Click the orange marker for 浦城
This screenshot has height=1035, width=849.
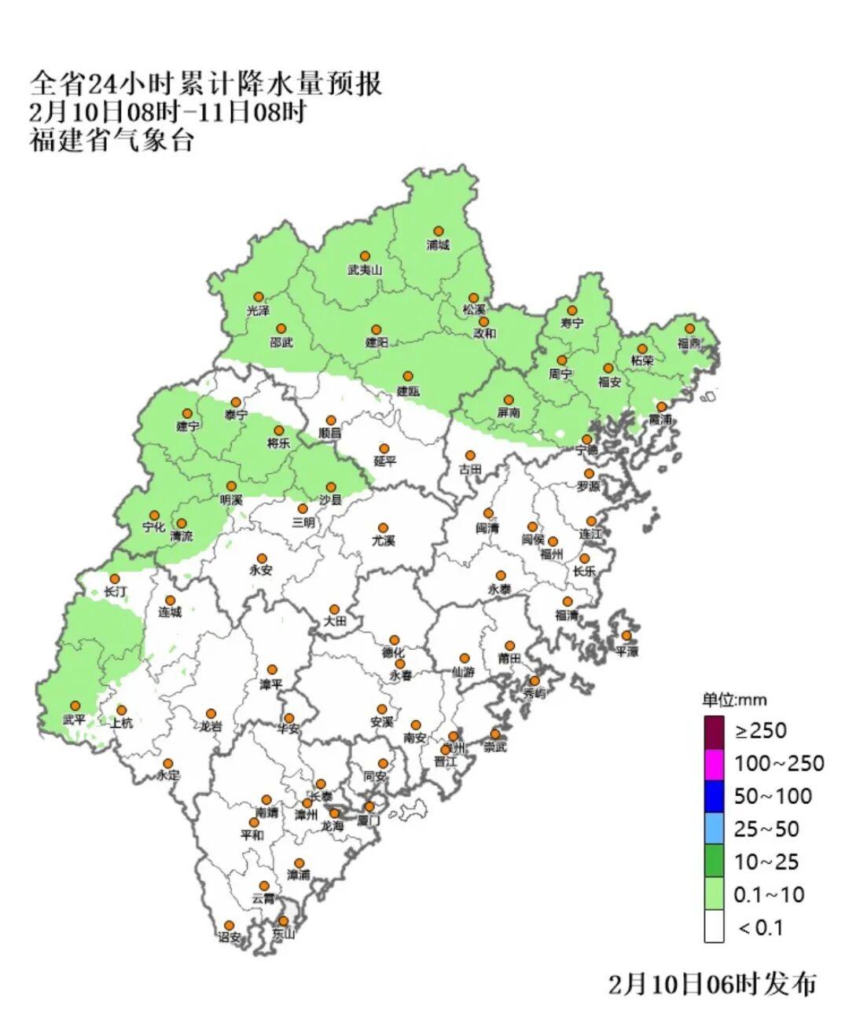point(439,231)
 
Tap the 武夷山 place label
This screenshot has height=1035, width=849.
point(364,270)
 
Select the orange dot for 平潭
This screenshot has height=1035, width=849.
point(627,636)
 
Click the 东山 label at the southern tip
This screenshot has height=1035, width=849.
point(283,934)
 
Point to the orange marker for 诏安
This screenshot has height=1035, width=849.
point(229,925)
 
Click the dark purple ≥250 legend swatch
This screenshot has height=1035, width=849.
point(714,731)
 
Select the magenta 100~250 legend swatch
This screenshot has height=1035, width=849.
point(714,763)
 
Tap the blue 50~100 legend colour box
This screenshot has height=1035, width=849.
point(714,796)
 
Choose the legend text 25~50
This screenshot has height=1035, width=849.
point(766,829)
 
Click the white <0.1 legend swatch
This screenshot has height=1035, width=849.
point(714,927)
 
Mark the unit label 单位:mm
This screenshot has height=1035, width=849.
point(734,700)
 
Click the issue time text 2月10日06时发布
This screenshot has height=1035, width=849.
point(712,984)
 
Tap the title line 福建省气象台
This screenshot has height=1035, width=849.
point(112,141)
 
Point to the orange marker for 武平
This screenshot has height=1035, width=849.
point(75,706)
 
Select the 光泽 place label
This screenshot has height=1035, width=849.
point(258,311)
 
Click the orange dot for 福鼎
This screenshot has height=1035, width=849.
point(689,328)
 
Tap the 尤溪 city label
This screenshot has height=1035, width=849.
point(383,541)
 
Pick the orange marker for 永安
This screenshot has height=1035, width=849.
point(262,559)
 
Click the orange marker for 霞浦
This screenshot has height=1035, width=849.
point(662,406)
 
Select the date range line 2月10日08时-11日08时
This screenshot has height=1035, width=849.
point(167,112)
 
